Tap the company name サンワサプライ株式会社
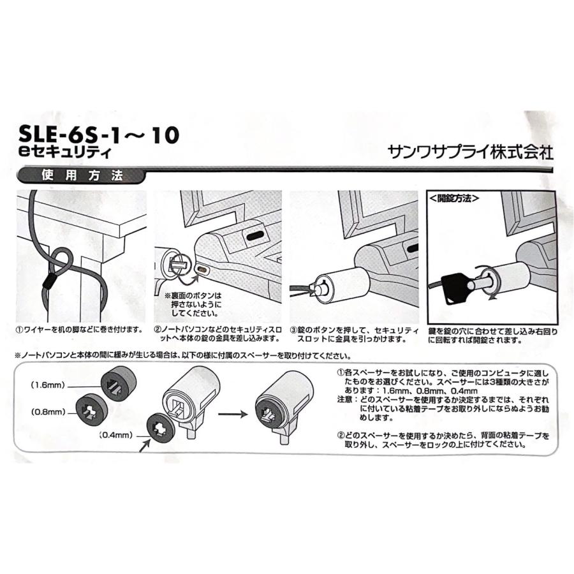coord(470,153)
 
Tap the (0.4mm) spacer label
coord(116,436)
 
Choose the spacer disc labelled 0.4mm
coord(162,425)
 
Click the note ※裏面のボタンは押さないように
coord(195,304)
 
